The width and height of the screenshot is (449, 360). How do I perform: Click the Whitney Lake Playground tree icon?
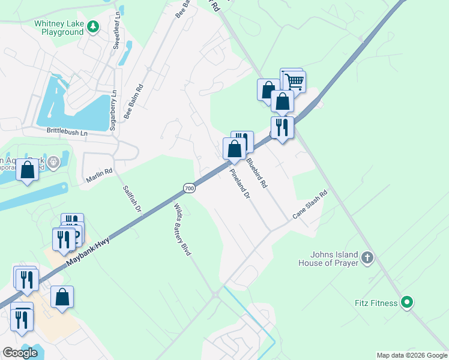[x=92, y=26]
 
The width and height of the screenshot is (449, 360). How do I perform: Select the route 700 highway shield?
[x=189, y=188]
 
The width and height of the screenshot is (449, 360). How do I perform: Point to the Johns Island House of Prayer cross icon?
[x=367, y=259]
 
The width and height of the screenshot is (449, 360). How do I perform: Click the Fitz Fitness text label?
[x=375, y=303]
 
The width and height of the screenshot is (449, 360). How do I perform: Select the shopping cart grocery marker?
[x=294, y=81]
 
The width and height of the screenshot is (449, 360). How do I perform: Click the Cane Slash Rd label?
[x=310, y=205]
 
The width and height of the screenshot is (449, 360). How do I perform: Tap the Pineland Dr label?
[x=239, y=184]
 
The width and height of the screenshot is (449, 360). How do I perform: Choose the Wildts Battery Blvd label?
[x=182, y=230]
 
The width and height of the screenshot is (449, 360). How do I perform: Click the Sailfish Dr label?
[x=131, y=199]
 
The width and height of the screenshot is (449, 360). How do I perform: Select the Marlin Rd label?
[x=100, y=172]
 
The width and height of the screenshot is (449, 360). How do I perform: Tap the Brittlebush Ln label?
[x=67, y=130]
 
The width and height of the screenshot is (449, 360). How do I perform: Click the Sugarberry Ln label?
[x=112, y=110]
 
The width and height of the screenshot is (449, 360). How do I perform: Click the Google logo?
[x=20, y=353]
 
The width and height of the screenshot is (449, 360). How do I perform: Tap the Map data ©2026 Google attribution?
[x=411, y=355]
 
